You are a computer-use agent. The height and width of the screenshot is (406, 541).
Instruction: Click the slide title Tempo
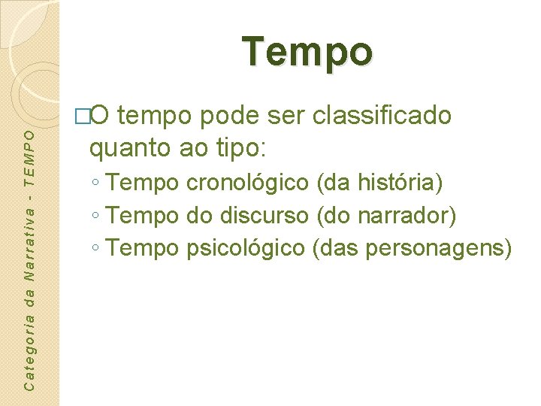pyautogui.click(x=307, y=53)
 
